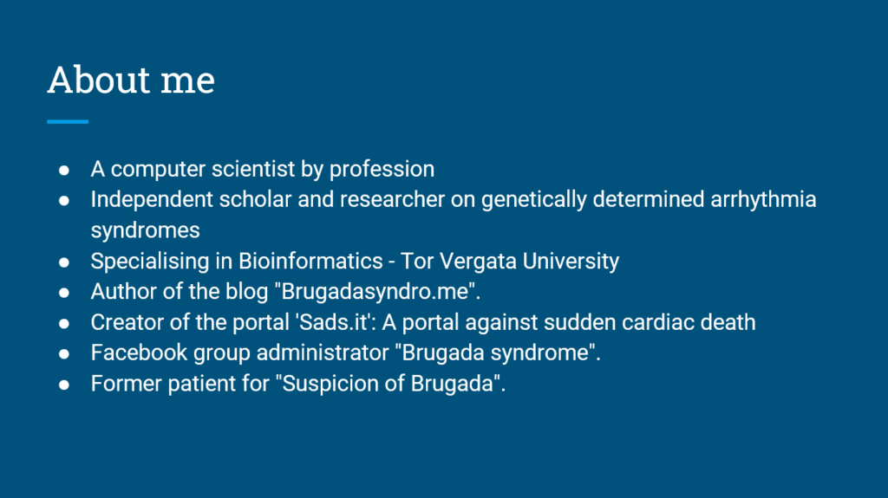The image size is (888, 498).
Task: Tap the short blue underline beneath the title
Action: tap(68, 121)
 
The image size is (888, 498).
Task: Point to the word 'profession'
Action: tap(382, 170)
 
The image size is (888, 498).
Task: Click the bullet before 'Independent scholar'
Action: tap(64, 201)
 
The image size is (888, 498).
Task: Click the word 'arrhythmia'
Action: tap(763, 200)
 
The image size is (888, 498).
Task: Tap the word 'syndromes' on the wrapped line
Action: tap(146, 231)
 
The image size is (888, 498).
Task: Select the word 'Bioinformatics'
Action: tap(310, 261)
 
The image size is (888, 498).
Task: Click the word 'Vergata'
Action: tap(478, 262)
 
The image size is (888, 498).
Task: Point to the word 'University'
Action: tap(571, 262)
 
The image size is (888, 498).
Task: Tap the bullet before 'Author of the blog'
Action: tap(64, 293)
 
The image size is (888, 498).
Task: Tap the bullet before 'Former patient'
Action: tap(64, 385)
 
